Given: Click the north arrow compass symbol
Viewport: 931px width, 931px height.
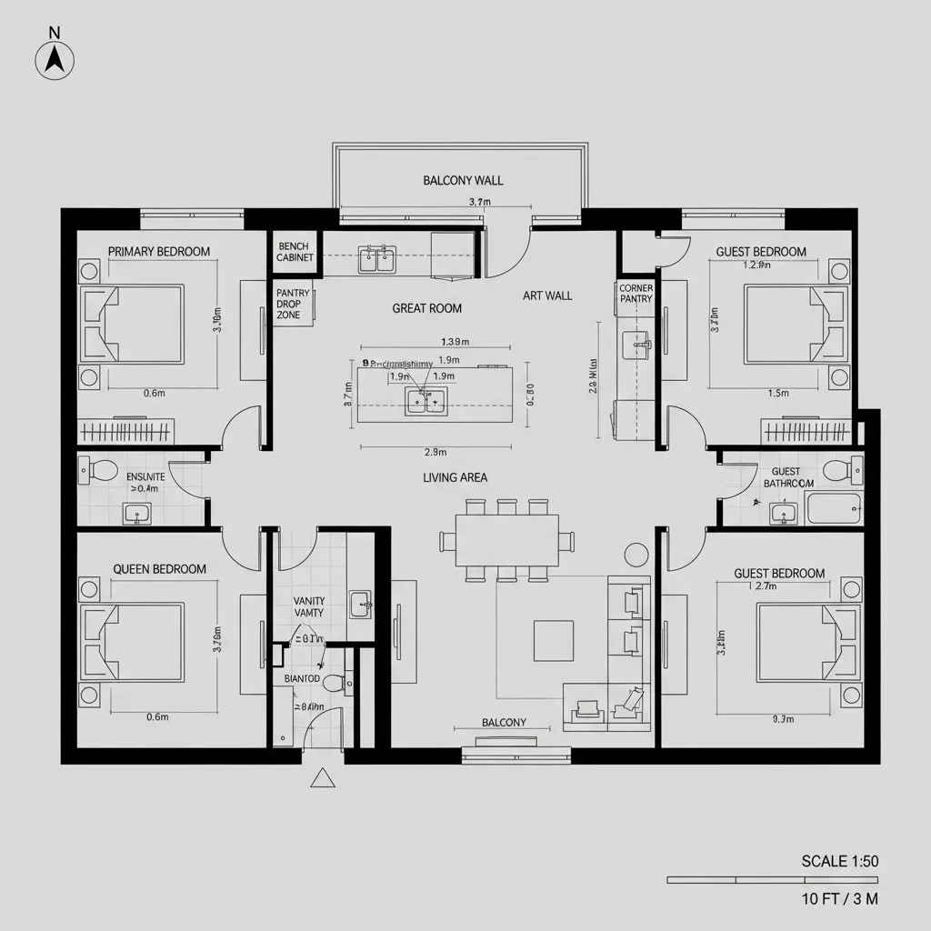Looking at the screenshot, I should [55, 59].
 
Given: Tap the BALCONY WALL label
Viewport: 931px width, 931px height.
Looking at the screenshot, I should [463, 180].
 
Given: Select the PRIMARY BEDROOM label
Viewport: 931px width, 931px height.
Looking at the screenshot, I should [159, 252].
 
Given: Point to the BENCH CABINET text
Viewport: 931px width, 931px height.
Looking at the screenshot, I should [295, 252].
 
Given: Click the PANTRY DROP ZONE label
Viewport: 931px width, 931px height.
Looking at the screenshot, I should [293, 304].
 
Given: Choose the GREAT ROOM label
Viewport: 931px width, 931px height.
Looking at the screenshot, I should [426, 308].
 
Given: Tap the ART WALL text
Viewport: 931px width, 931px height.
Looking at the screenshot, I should [547, 295].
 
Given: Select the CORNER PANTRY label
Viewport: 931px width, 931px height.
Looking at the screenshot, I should [636, 293].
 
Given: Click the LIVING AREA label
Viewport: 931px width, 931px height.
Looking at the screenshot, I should [455, 477].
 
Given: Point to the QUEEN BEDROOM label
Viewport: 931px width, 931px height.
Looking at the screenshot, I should [159, 569].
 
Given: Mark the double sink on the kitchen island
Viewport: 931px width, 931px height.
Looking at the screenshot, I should [425, 400].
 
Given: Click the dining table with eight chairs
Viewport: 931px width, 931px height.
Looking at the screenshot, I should [506, 540].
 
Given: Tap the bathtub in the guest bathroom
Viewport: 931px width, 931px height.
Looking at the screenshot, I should [834, 510].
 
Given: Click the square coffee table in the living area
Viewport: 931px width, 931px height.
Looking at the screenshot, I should [553, 640].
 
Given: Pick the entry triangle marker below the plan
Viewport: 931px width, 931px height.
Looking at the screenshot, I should [322, 778].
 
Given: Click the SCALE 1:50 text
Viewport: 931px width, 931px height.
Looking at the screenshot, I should [839, 861].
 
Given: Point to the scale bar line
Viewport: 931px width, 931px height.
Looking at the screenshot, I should [773, 880].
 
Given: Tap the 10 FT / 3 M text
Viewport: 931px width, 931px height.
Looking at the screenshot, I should [839, 899].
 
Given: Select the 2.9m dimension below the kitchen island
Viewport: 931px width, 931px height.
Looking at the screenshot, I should [435, 452].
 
